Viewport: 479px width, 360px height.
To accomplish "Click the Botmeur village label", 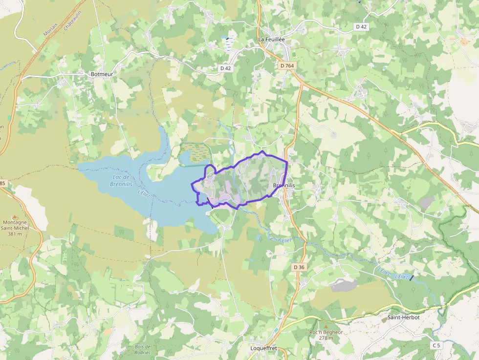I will point(102,74).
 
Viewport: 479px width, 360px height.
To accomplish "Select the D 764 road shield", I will point(287,65).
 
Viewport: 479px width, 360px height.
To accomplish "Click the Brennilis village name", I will point(284,186).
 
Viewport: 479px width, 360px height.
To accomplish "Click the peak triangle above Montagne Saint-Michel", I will point(15,216).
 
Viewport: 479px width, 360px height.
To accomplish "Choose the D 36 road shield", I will point(299,267).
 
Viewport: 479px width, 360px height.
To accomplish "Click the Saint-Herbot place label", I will point(403,318).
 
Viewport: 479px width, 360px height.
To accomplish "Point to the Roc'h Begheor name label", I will point(326,332).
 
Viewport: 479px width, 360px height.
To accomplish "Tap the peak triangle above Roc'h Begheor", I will point(326,326).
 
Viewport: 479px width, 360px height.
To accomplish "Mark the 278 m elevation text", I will point(326,338).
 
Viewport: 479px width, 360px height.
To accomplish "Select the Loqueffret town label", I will point(263,348).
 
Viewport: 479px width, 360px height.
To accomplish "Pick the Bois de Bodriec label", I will point(143,349).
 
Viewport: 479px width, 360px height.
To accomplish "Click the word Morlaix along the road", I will point(50,31).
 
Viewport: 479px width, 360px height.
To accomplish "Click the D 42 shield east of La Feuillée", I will point(361,27).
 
